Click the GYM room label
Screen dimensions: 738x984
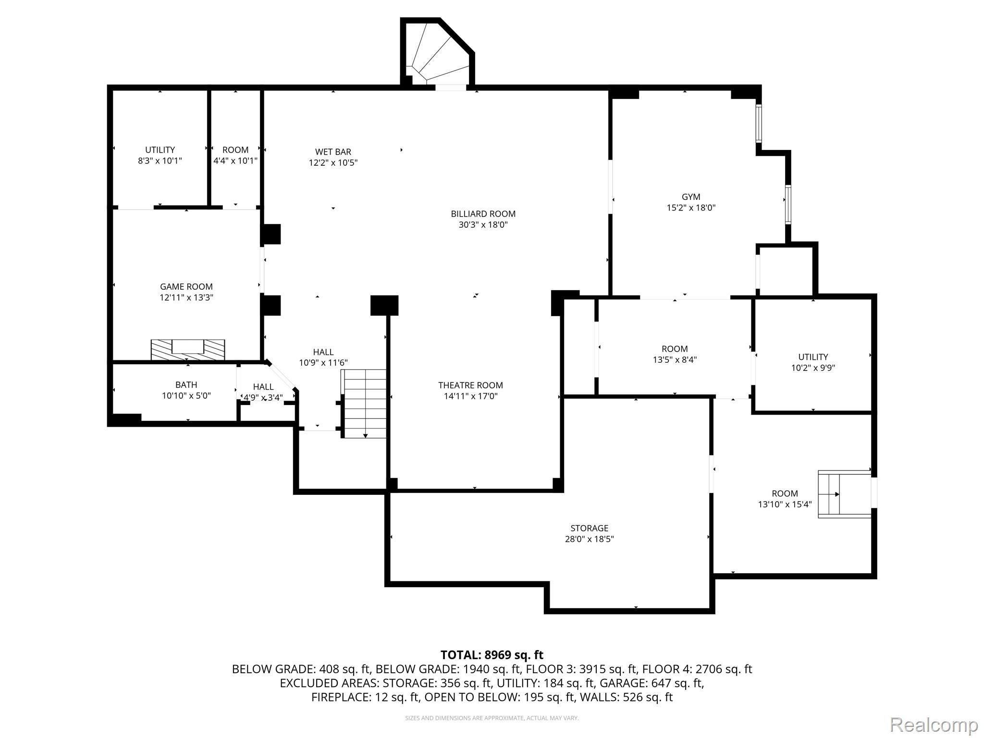tap(691, 197)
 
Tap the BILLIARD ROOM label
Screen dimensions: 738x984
tap(483, 214)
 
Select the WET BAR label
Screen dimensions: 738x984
tap(333, 152)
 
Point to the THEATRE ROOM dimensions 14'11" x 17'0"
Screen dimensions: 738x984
tap(470, 396)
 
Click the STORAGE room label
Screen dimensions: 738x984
tap(589, 528)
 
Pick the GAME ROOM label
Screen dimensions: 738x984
tap(186, 287)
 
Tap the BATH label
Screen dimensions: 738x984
tap(186, 385)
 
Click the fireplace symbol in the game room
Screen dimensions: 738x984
tap(188, 349)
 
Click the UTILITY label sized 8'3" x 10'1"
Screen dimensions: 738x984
tap(160, 150)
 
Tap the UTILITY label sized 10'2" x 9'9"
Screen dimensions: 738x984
tap(813, 357)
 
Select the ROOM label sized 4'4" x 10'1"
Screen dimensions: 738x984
tap(235, 150)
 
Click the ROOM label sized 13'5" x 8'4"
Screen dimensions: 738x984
tap(675, 349)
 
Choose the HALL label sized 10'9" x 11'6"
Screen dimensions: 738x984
tap(323, 352)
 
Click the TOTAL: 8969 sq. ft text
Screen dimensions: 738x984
tap(492, 655)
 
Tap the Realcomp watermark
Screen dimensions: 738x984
tap(934, 724)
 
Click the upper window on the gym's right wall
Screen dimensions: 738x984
tap(759, 123)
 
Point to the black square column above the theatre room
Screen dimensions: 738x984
tap(384, 305)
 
